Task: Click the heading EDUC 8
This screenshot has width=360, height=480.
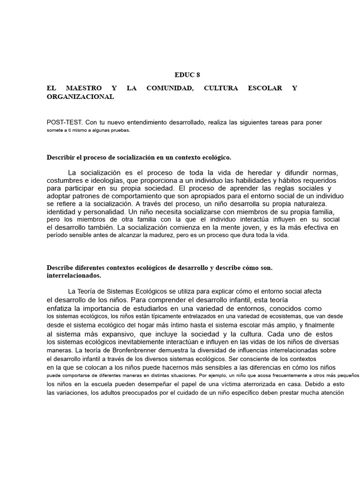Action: pyautogui.click(x=187, y=75)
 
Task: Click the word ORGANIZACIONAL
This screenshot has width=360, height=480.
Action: pyautogui.click(x=80, y=97)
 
